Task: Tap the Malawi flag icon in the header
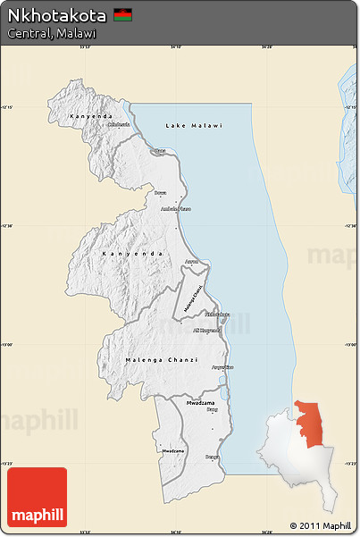[x=123, y=16]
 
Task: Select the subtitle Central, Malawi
[x=52, y=33]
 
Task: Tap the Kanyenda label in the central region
[x=133, y=254]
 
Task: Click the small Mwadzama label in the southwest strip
[x=173, y=451]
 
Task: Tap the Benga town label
[x=212, y=457]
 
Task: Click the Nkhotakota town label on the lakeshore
[x=217, y=315]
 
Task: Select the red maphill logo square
[x=37, y=498]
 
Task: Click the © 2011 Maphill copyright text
[x=320, y=524]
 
